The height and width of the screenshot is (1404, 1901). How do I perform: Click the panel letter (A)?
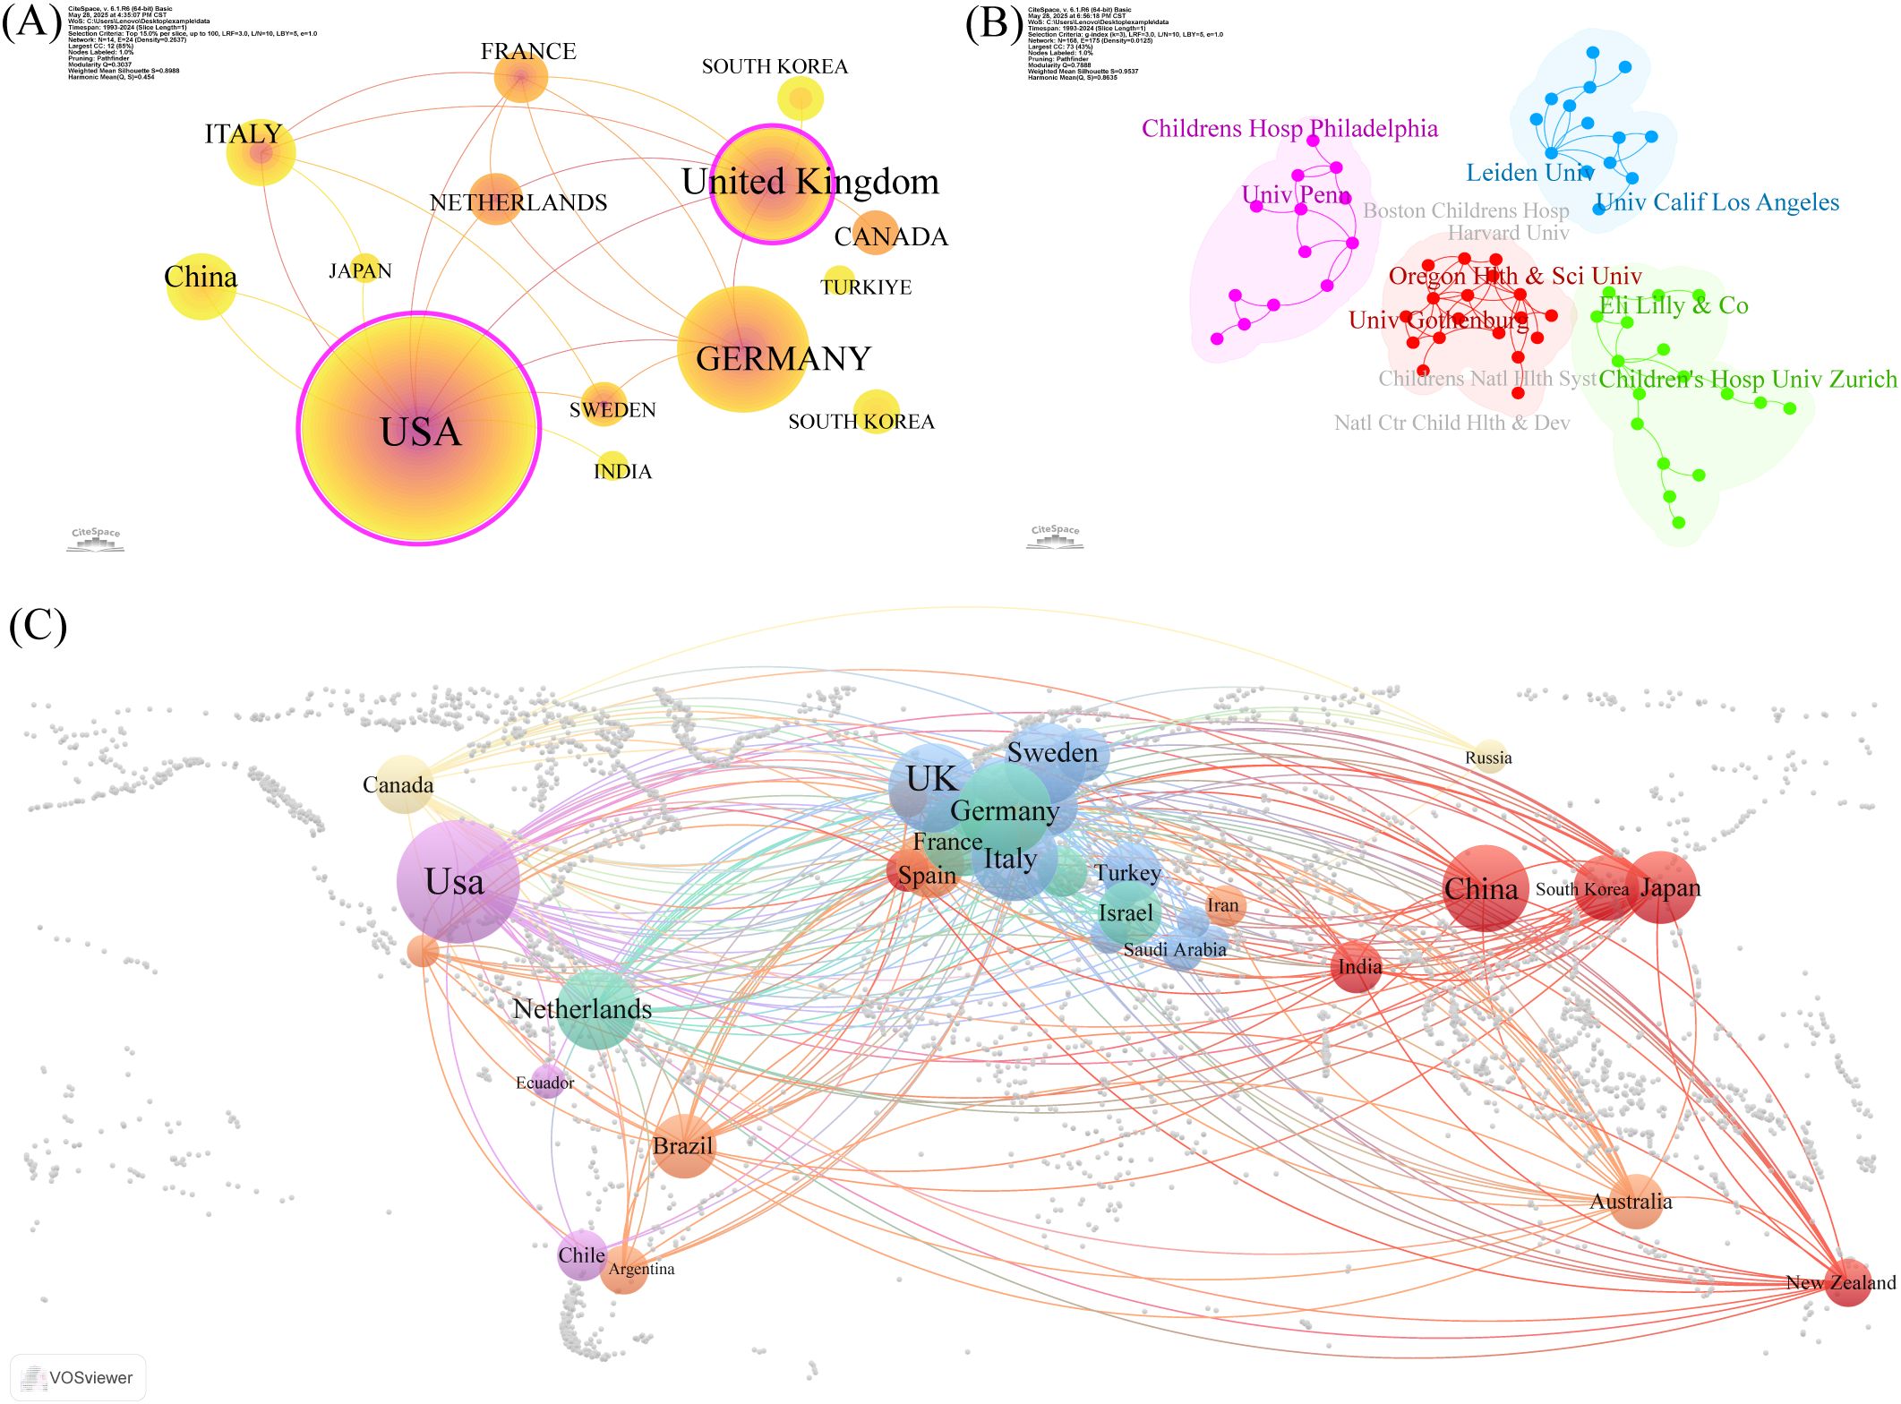point(32,21)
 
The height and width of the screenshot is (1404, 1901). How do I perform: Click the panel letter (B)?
point(993,23)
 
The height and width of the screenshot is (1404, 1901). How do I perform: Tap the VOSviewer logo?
point(78,1377)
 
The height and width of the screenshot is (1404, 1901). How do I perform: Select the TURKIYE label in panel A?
point(866,287)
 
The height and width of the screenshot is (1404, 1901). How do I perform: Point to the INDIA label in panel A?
point(622,472)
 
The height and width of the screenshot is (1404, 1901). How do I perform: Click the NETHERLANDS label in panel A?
point(518,203)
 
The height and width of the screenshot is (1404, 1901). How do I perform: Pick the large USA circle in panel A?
point(419,428)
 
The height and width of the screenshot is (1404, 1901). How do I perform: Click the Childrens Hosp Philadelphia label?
point(1289,129)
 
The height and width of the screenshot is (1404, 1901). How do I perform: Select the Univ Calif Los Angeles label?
point(1717,202)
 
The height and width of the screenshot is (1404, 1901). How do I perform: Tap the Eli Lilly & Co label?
point(1674,305)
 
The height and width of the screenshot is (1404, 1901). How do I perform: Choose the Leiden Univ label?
point(1529,173)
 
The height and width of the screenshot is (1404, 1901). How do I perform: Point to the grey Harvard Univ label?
point(1508,234)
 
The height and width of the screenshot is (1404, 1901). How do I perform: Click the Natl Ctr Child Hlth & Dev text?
point(1451,423)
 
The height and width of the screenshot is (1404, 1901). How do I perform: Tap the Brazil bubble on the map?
point(684,1146)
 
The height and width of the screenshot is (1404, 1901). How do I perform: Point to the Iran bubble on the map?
point(1224,905)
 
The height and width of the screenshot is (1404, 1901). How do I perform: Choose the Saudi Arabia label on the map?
point(1175,950)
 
